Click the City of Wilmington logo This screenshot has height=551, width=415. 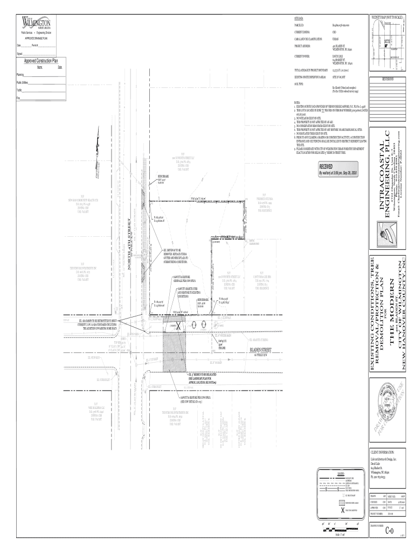[36, 24]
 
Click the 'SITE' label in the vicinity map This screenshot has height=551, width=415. [387, 41]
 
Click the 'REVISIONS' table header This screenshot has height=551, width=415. [387, 79]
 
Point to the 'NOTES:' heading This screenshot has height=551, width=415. [297, 102]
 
